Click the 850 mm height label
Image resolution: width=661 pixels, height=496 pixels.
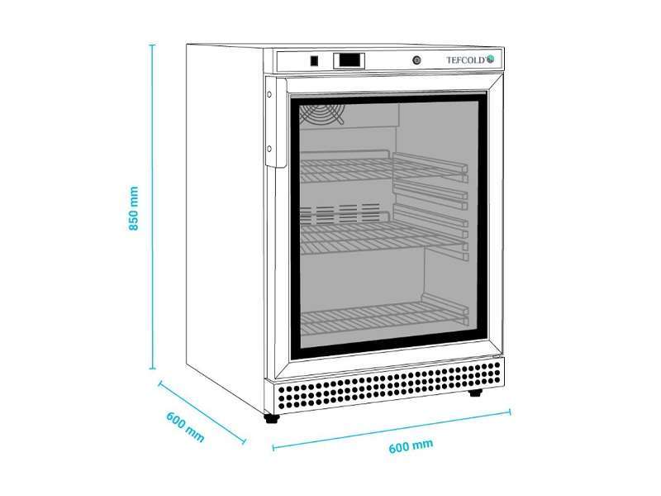(133, 208)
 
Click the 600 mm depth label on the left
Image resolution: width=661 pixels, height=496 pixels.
(185, 427)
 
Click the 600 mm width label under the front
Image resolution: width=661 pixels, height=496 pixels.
(411, 446)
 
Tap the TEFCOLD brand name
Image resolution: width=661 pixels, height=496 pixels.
(466, 60)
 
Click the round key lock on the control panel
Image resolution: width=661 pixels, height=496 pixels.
(416, 60)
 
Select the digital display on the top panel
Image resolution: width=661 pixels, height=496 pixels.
(349, 60)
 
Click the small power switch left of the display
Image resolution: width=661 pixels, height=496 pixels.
(314, 60)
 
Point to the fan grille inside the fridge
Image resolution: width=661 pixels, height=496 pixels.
(322, 114)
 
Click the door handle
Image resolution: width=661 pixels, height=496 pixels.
(276, 122)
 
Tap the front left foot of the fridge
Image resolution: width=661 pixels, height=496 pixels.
(272, 418)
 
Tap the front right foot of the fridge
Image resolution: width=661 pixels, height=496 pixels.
(476, 393)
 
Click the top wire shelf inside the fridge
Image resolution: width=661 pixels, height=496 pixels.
(383, 168)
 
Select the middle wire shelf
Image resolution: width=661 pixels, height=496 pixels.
(383, 236)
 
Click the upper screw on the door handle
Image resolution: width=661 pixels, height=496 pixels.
(269, 95)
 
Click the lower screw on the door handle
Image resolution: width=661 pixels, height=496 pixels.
(269, 149)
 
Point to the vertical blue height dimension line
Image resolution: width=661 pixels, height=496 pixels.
(153, 206)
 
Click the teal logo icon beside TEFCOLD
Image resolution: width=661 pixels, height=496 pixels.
(491, 60)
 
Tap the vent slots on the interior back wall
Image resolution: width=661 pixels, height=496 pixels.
(340, 213)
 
